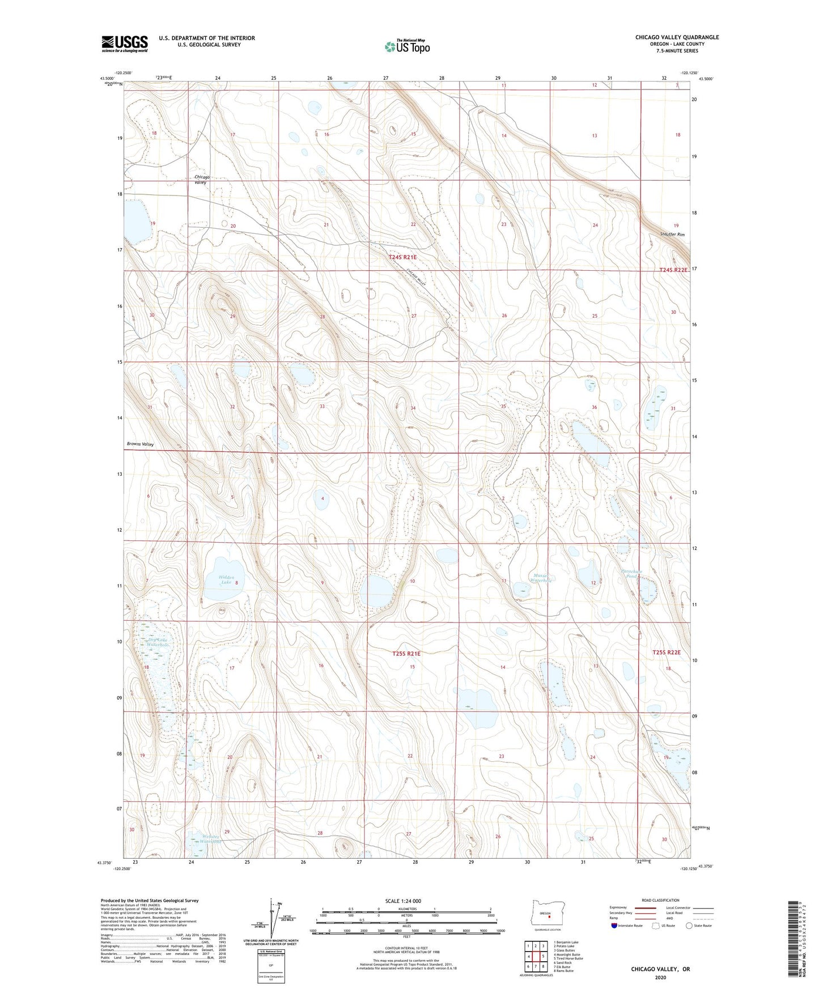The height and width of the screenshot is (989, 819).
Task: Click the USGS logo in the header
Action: pos(124,44)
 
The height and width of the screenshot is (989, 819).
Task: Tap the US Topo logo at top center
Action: pos(407,46)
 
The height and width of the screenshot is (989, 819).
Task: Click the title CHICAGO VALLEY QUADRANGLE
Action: pos(677,37)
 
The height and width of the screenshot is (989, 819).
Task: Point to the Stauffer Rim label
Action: pos(672,235)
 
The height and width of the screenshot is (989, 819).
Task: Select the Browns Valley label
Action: pos(140,444)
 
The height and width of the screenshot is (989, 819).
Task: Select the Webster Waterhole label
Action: pos(203,839)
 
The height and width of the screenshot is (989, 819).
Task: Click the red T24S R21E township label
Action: pos(402,257)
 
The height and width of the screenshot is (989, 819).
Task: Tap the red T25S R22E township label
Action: pos(665,653)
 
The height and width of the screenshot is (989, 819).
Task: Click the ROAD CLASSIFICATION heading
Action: pos(660,900)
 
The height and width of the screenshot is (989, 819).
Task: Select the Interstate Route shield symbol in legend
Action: pos(614,926)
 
